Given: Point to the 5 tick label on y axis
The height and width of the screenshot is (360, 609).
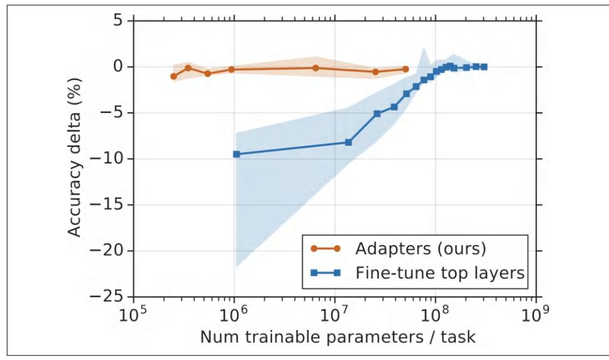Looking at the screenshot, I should click(119, 21).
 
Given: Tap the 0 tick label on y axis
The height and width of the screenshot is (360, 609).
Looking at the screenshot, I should click(119, 66).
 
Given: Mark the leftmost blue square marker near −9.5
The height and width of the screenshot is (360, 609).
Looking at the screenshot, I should click(236, 154).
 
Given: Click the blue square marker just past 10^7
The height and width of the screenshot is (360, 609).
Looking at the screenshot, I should click(348, 142).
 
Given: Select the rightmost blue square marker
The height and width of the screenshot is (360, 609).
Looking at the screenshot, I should click(484, 66).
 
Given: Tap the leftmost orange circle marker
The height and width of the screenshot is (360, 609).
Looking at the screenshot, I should click(173, 76).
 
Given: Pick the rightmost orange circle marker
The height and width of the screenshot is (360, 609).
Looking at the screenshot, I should click(405, 69).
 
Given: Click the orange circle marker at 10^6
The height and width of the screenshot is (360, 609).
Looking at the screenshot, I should click(231, 69).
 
